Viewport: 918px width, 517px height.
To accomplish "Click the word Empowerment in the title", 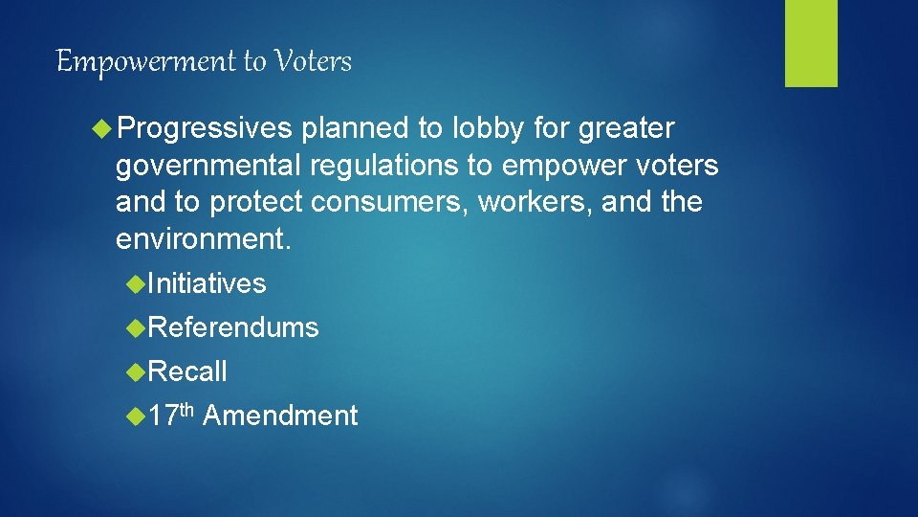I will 147,62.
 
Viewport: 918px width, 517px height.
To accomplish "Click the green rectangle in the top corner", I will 811,43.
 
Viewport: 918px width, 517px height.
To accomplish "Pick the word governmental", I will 208,166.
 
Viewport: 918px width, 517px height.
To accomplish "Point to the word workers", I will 528,202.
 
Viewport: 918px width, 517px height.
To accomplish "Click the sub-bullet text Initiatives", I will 207,283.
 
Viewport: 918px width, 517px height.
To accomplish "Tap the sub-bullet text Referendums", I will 233,327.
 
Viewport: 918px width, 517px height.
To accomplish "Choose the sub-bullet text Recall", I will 187,371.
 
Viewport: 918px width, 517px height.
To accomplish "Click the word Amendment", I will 280,416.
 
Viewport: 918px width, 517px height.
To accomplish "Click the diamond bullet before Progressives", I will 102,128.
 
